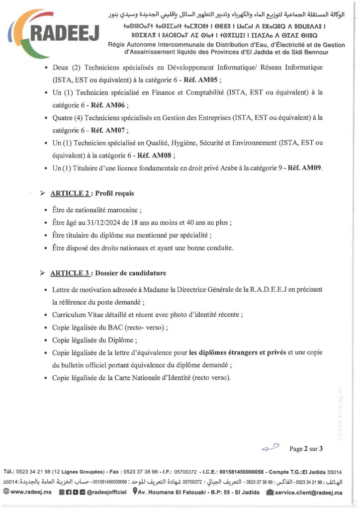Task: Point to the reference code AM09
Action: pos(310,169)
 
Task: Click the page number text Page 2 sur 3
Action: pos(306,449)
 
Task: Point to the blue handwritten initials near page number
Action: pos(270,447)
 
